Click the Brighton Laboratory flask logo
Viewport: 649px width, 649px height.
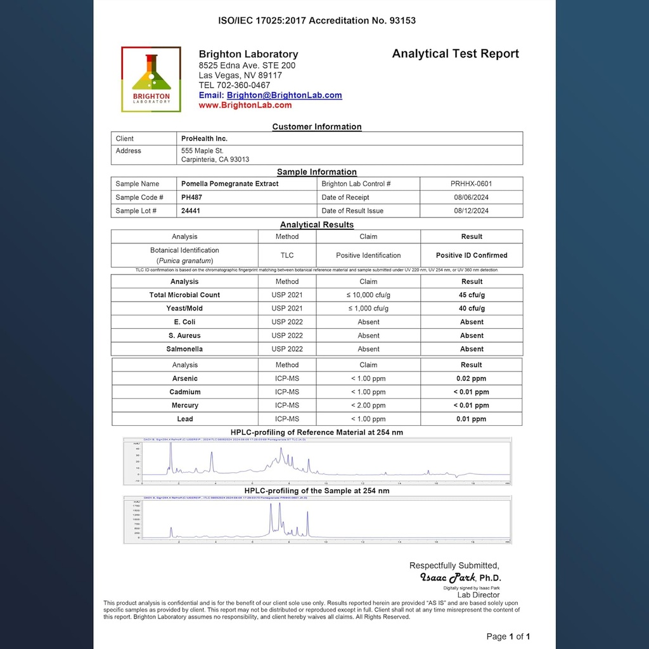(151, 79)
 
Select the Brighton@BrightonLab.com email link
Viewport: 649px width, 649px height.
(284, 95)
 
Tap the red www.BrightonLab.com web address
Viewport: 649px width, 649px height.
(245, 105)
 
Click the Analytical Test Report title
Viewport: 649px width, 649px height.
(455, 54)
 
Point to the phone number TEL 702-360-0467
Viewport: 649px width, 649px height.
(235, 85)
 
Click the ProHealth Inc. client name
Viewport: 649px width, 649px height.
(204, 138)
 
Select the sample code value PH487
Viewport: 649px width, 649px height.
(191, 197)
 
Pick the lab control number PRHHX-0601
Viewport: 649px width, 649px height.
(471, 184)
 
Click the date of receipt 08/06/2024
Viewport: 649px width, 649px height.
(471, 197)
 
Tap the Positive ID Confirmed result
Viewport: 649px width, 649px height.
(472, 255)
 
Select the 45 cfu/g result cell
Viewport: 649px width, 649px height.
(472, 295)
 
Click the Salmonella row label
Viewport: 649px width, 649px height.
(184, 349)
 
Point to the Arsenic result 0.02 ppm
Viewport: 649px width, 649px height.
(472, 378)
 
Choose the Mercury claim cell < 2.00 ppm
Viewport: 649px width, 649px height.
(368, 406)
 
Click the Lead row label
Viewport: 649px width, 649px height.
(184, 419)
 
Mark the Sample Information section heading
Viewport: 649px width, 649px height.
(317, 172)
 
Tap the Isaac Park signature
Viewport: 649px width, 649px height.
(448, 577)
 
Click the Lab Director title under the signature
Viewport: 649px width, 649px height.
(479, 595)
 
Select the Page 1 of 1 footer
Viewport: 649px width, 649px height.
(508, 636)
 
